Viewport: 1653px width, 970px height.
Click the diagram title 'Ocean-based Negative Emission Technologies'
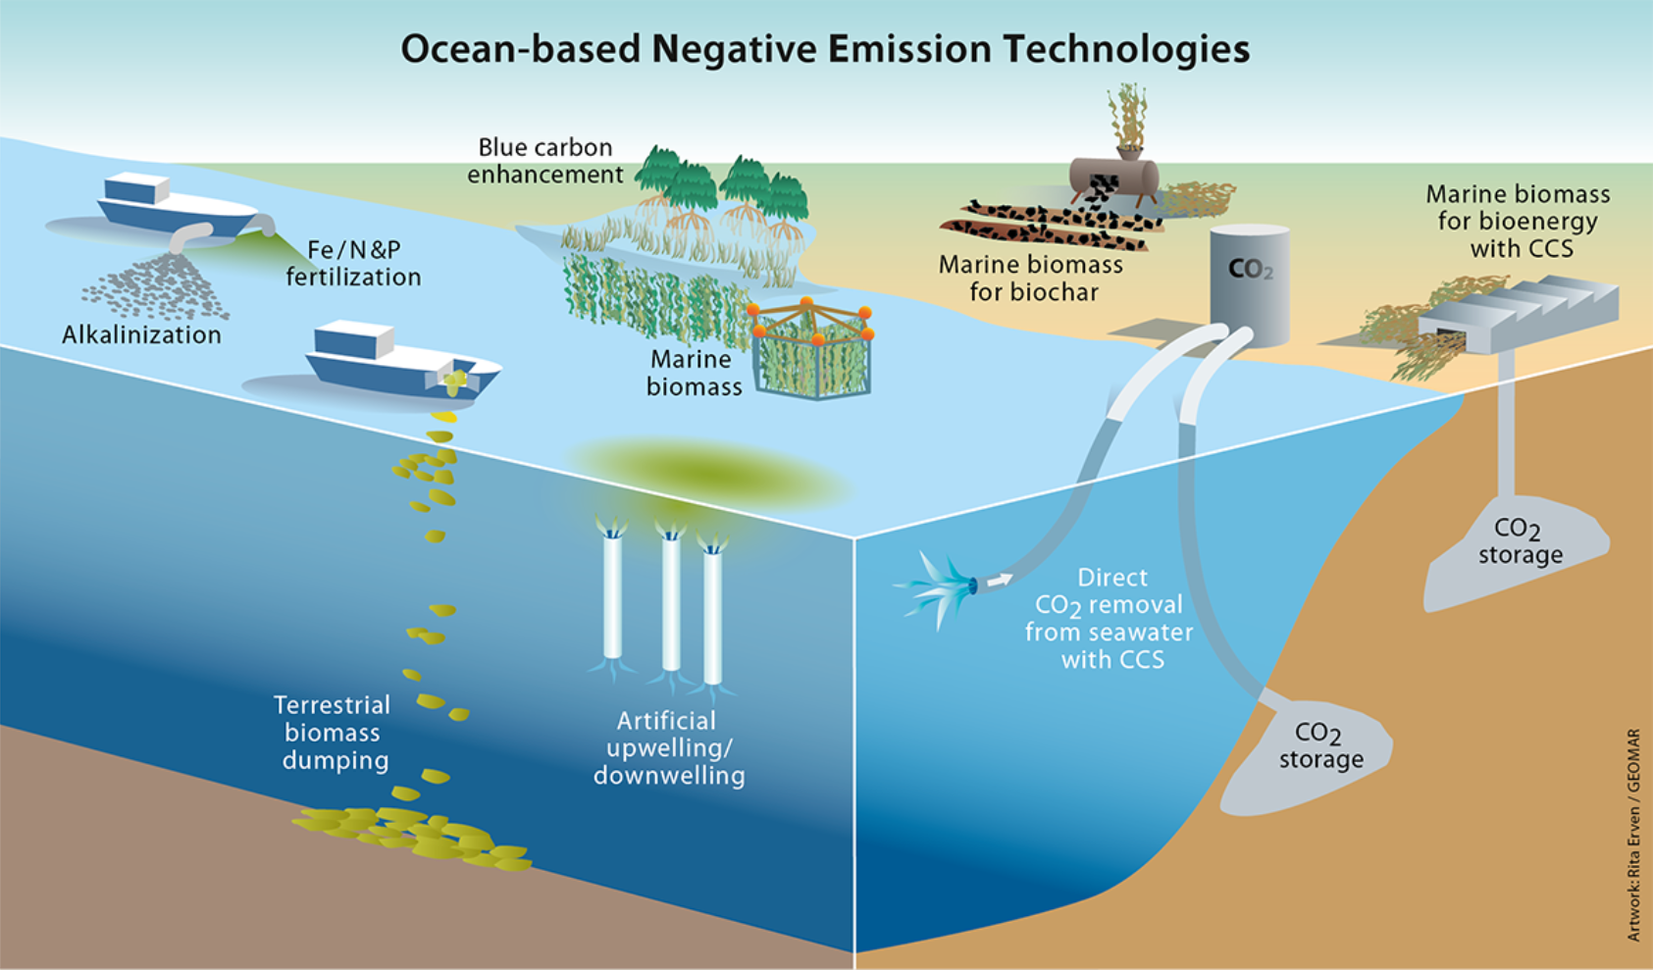(x=825, y=48)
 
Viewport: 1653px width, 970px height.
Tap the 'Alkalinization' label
(x=141, y=334)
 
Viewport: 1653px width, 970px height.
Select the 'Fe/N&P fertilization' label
(x=353, y=264)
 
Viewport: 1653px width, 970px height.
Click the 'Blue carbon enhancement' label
(x=545, y=161)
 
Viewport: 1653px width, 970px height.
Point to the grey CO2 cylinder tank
(x=1249, y=284)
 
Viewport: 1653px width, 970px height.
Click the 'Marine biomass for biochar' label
(x=1031, y=279)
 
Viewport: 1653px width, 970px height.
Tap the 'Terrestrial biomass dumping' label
(x=333, y=733)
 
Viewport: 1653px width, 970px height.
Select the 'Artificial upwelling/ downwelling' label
(x=669, y=748)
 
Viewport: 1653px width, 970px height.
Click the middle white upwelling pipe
(x=671, y=603)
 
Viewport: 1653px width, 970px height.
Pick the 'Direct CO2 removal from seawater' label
(x=1111, y=619)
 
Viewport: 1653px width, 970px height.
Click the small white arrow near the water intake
(x=999, y=581)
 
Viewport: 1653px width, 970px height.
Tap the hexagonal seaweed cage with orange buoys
(x=811, y=350)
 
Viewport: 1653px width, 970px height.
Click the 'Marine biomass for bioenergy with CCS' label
(x=1519, y=222)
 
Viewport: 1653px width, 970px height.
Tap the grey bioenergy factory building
(x=1521, y=312)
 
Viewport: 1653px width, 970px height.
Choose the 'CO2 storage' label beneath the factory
(x=1519, y=542)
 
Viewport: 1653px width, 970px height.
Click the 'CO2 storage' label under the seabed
(x=1320, y=746)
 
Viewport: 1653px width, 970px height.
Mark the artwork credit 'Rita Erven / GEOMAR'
(x=1633, y=834)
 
